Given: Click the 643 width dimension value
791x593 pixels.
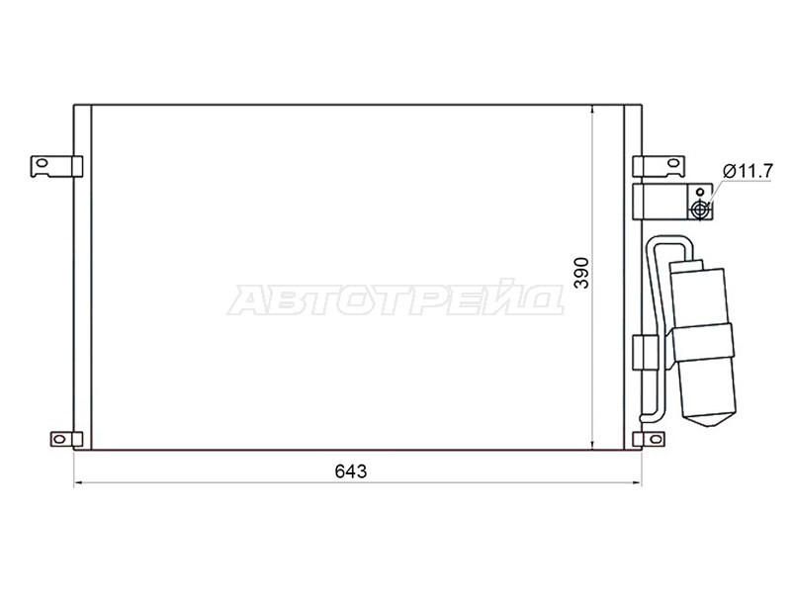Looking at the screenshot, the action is (351, 471).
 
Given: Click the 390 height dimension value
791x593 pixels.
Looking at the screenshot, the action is (581, 273).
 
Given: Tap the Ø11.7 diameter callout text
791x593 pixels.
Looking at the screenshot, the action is (747, 171).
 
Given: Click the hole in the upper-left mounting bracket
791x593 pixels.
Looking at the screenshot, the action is (42, 163).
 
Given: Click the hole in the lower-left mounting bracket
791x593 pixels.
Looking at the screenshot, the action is (59, 439).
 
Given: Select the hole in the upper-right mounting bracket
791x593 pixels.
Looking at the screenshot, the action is (672, 163).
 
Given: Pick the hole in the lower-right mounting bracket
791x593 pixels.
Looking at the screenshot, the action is (656, 439).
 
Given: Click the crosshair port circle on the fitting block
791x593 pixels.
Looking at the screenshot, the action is (700, 209).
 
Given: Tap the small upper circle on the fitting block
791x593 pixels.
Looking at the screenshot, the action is (700, 192).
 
